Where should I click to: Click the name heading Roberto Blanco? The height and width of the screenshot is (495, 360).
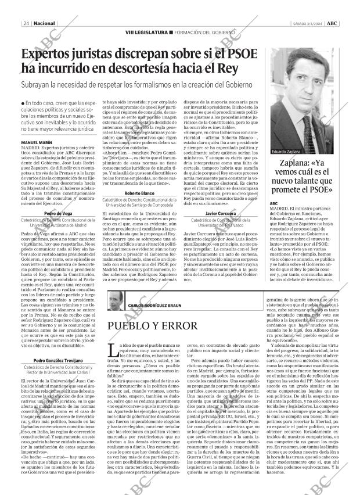(x=139, y=193)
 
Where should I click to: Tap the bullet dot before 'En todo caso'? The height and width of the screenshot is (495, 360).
(x=22, y=103)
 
